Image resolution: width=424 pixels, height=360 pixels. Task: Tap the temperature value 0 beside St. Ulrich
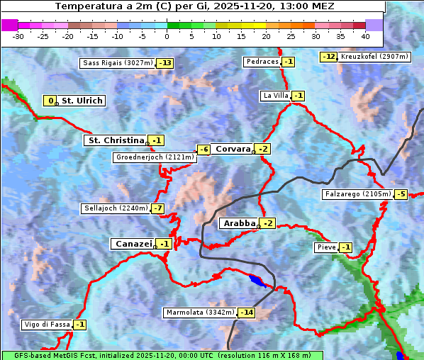pyautogui.click(x=50, y=101)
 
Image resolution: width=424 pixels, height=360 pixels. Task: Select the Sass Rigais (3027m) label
pyautogui.click(x=117, y=63)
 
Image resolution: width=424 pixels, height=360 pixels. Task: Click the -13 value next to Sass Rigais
pyautogui.click(x=166, y=63)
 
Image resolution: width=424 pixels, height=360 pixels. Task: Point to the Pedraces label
pyautogui.click(x=262, y=62)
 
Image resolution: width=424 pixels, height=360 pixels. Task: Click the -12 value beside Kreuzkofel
pyautogui.click(x=328, y=56)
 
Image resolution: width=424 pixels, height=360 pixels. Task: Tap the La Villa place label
pyautogui.click(x=275, y=96)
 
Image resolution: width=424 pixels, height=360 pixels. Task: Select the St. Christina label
pyautogui.click(x=116, y=140)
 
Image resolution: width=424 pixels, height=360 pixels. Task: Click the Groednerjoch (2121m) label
pyautogui.click(x=154, y=157)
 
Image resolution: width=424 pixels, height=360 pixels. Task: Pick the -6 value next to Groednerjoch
pyautogui.click(x=203, y=150)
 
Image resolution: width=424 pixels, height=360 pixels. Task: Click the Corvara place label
pyautogui.click(x=233, y=149)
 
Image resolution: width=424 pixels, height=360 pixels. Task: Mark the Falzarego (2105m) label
pyautogui.click(x=357, y=193)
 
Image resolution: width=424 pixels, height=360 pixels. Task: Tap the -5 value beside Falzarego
pyautogui.click(x=401, y=193)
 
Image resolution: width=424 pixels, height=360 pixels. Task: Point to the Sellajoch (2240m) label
pyautogui.click(x=115, y=208)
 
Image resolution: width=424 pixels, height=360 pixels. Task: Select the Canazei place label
pyautogui.click(x=132, y=244)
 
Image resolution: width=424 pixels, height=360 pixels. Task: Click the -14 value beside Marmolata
pyautogui.click(x=246, y=313)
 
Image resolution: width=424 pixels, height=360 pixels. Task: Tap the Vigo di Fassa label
pyautogui.click(x=48, y=325)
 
